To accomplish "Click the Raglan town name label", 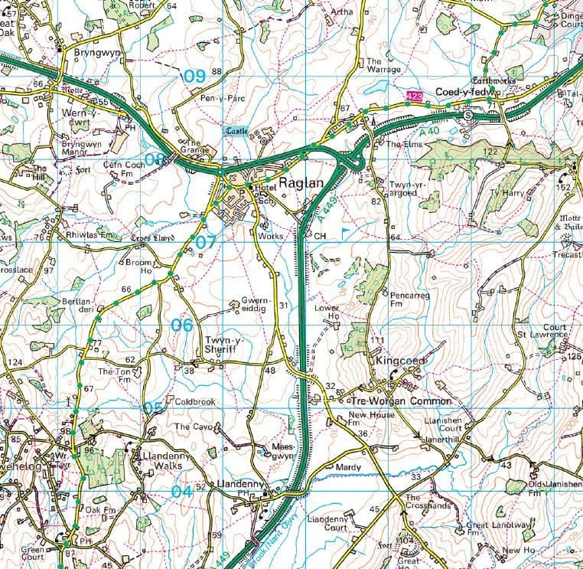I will (x=302, y=184).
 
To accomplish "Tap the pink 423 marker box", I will (x=414, y=96).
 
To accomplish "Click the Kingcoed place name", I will (x=399, y=360).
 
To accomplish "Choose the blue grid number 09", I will (x=194, y=76).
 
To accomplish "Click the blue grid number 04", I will (x=181, y=492).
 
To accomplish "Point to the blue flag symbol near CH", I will (x=346, y=229).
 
